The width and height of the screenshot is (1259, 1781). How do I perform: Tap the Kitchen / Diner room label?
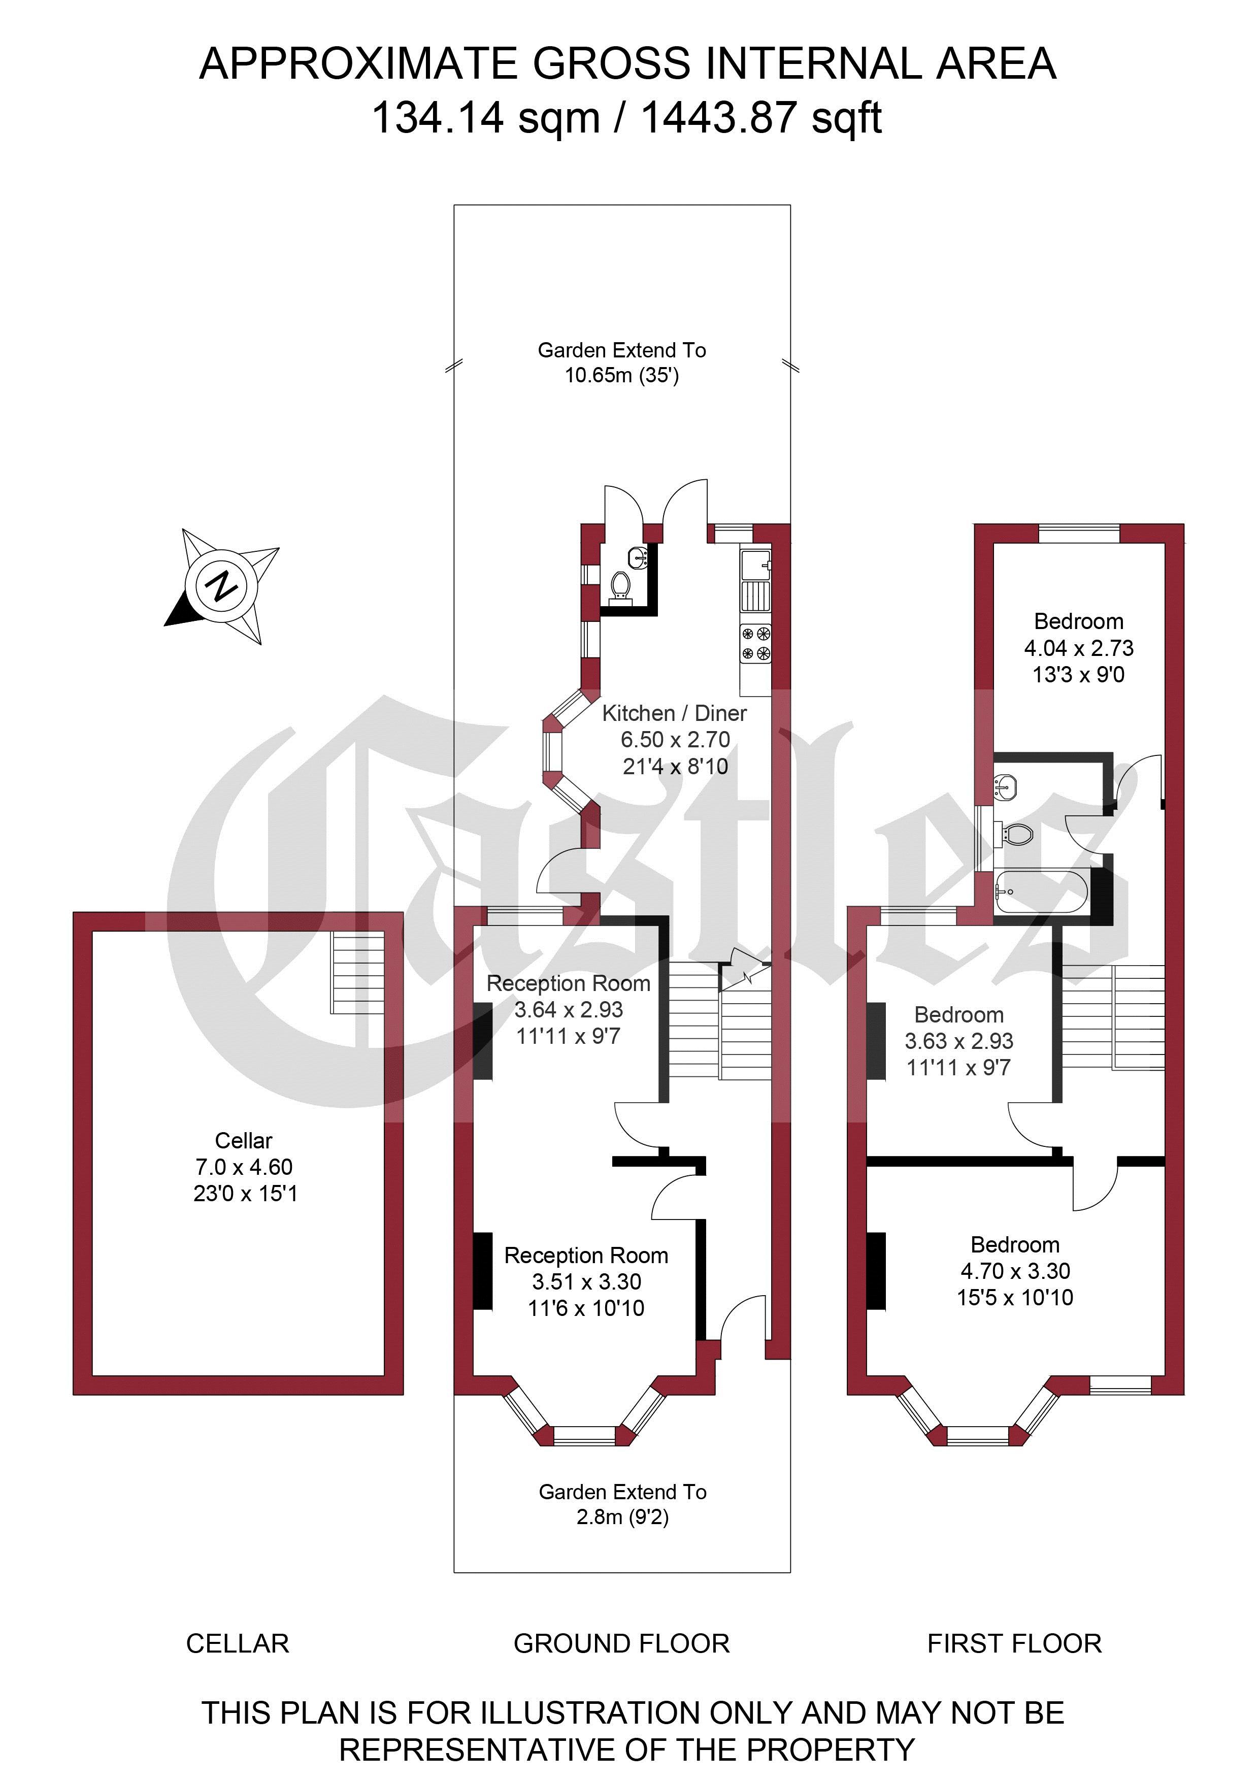(674, 713)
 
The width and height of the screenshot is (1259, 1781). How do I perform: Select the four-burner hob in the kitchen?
(755, 643)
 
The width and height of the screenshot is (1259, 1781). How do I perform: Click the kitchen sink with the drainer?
(755, 578)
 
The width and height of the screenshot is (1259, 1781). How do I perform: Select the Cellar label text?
(244, 1140)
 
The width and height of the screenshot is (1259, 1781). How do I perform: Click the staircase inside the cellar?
(357, 973)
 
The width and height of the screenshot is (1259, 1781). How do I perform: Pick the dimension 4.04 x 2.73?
(1078, 648)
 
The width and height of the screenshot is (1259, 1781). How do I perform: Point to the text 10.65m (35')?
(621, 376)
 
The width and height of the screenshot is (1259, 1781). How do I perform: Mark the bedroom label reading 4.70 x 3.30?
(1015, 1271)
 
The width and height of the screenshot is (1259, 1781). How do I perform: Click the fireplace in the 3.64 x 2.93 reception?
(482, 1041)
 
